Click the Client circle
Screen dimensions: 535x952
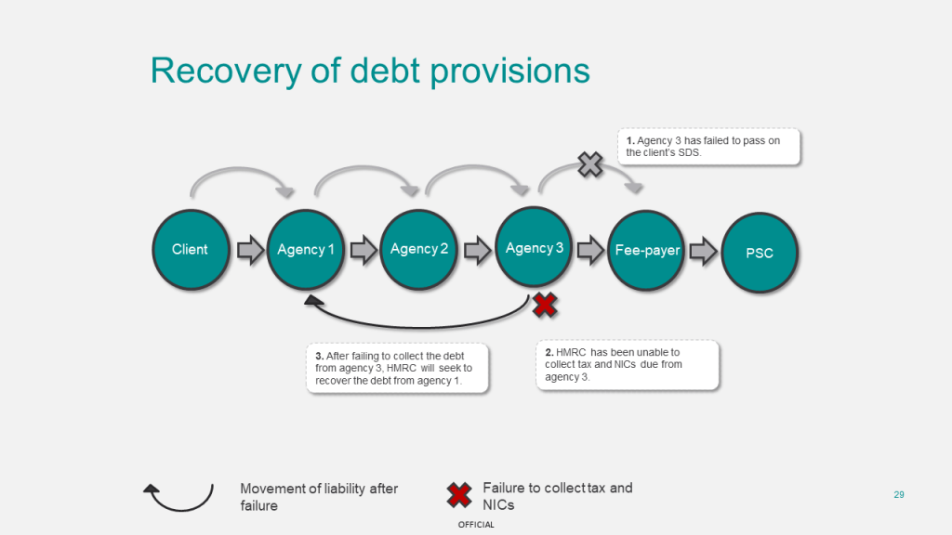190,250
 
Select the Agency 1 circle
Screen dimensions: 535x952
306,250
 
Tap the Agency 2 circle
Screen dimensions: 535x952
419,249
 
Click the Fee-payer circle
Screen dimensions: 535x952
647,251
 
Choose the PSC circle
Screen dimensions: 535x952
760,253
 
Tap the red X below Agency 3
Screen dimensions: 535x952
545,303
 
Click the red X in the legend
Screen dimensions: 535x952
458,495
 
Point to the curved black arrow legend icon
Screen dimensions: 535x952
178,496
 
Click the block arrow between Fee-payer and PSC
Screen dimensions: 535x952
704,251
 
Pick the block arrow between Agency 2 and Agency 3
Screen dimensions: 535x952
477,250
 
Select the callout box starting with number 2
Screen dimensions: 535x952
628,364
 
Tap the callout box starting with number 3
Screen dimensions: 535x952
398,369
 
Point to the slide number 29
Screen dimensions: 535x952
899,494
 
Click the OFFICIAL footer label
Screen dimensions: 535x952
476,525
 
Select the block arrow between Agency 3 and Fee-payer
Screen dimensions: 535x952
590,250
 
